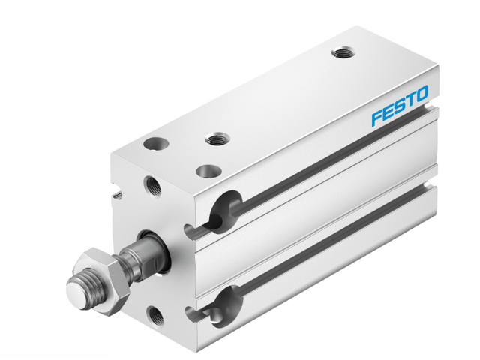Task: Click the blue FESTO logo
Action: pyautogui.click(x=400, y=107)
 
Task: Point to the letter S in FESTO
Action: pyautogui.click(x=399, y=107)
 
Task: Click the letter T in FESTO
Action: pyautogui.click(x=410, y=101)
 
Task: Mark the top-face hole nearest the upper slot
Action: pyautogui.click(x=209, y=171)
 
